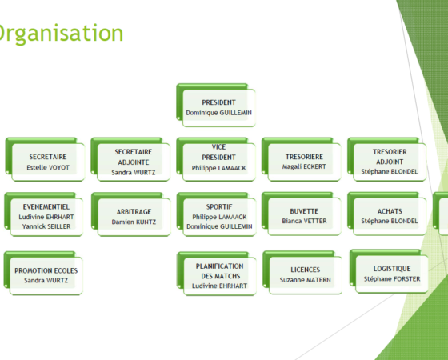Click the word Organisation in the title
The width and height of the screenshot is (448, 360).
pyautogui.click(x=60, y=34)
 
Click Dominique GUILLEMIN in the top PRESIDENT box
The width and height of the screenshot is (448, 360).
pyautogui.click(x=219, y=113)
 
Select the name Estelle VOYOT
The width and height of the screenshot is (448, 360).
pyautogui.click(x=48, y=167)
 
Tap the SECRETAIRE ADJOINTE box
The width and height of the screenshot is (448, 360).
pyautogui.click(x=130, y=159)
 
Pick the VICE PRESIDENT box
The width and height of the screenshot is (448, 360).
pyautogui.click(x=216, y=159)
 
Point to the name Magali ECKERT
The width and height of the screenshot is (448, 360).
pyautogui.click(x=304, y=166)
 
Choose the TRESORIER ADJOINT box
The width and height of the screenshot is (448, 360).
pyautogui.click(x=387, y=159)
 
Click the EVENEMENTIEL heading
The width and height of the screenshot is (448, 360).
pyautogui.click(x=46, y=206)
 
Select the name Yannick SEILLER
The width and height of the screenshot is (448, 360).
pyautogui.click(x=46, y=226)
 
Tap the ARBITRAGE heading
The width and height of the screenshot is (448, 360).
pyautogui.click(x=134, y=212)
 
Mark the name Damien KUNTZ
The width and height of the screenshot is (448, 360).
pyautogui.click(x=134, y=222)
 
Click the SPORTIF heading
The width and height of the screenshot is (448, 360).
pyautogui.click(x=219, y=206)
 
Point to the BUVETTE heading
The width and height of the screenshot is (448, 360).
pyautogui.click(x=304, y=211)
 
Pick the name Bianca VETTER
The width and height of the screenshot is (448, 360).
pyautogui.click(x=304, y=221)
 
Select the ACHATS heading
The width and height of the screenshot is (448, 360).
pyautogui.click(x=390, y=211)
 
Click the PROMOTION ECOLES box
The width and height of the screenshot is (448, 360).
pyautogui.click(x=43, y=273)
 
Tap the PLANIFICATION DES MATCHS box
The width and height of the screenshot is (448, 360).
pyautogui.click(x=217, y=274)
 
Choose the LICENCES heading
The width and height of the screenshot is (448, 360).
pyautogui.click(x=306, y=270)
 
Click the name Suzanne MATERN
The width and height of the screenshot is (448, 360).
pyautogui.click(x=306, y=280)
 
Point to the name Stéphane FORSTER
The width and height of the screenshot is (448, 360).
pyautogui.click(x=392, y=279)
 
